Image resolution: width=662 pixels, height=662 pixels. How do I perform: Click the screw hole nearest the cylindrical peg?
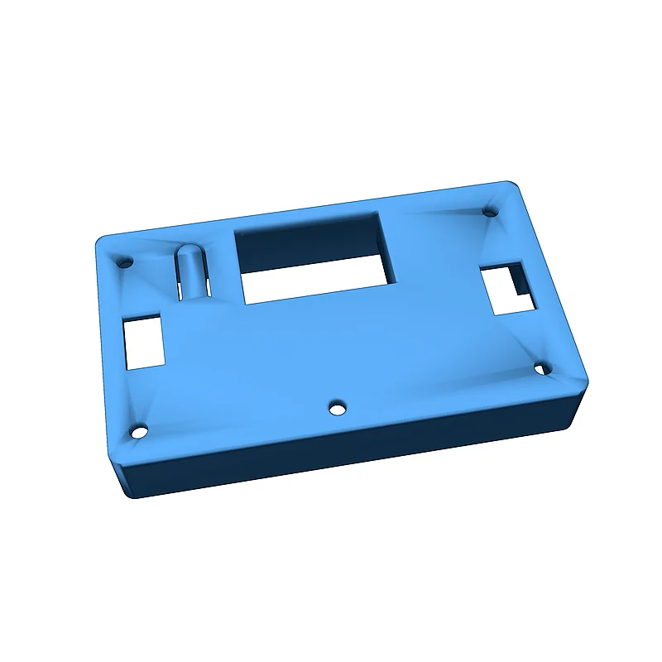pyautogui.click(x=127, y=261)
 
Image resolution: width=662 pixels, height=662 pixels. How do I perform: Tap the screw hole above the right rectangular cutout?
pyautogui.click(x=490, y=212)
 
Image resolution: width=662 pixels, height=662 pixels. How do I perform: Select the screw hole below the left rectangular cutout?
pyautogui.click(x=139, y=432)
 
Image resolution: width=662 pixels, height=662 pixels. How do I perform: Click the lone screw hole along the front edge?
pyautogui.click(x=336, y=408)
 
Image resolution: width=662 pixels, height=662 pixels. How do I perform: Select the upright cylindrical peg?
pyautogui.click(x=189, y=271)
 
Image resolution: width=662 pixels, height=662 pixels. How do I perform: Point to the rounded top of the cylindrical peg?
pyautogui.click(x=188, y=251)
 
